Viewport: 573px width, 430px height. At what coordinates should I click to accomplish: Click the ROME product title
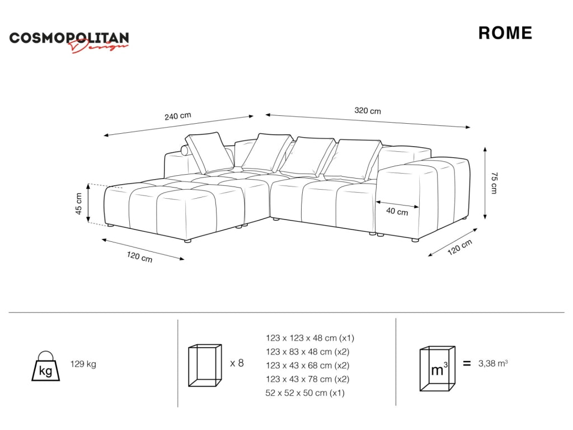[505, 33]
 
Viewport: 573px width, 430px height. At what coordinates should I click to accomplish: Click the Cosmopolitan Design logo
[69, 41]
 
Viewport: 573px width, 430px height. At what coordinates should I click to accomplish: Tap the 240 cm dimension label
[177, 116]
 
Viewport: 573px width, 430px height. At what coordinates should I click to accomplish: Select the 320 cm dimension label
[368, 110]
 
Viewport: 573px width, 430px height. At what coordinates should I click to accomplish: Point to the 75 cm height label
[494, 183]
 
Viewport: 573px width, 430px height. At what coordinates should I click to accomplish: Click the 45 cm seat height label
[78, 204]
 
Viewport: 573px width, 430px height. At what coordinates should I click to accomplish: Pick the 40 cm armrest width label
[397, 211]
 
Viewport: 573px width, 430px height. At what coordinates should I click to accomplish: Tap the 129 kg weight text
[83, 364]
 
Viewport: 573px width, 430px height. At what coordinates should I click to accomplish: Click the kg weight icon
[46, 366]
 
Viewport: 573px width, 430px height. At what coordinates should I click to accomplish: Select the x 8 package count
[237, 363]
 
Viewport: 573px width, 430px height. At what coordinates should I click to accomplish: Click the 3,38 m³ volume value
[493, 363]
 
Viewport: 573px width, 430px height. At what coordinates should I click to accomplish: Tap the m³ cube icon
[438, 368]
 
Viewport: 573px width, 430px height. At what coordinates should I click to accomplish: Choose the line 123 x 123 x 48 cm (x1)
[310, 338]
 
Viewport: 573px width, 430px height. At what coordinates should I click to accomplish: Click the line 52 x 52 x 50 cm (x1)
[305, 392]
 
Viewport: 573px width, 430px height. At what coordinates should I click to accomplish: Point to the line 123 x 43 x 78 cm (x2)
[307, 379]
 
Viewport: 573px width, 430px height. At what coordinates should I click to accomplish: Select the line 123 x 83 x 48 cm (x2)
[307, 352]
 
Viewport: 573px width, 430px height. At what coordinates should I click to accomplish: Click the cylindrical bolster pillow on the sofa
[187, 151]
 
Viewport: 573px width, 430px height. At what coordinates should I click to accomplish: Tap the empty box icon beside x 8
[205, 365]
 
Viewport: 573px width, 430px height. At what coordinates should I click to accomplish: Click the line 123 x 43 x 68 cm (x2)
[307, 365]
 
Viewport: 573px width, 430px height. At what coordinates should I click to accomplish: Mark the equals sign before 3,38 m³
[467, 363]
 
